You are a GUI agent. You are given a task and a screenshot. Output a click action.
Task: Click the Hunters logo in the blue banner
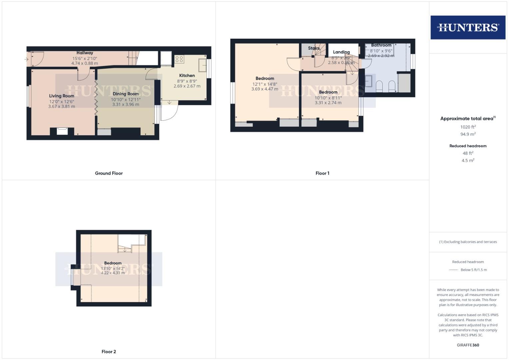click(x=468, y=27)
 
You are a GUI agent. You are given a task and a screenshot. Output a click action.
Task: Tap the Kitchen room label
click(x=187, y=76)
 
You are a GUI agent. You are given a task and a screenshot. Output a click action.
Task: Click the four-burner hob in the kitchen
click(x=179, y=59)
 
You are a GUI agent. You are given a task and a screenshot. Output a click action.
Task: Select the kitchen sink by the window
click(x=202, y=65)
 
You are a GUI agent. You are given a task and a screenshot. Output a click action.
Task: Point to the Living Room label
click(x=62, y=96)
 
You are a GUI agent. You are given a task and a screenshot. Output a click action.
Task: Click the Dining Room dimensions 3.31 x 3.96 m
click(x=125, y=104)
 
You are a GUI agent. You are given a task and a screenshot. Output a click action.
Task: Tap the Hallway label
click(x=85, y=53)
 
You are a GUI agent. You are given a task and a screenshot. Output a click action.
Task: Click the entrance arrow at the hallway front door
click(x=26, y=59)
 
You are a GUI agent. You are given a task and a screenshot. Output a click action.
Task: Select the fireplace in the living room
click(x=62, y=131)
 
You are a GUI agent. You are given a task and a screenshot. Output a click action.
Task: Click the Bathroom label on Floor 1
click(x=381, y=45)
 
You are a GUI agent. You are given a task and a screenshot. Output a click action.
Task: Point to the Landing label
click(x=341, y=52)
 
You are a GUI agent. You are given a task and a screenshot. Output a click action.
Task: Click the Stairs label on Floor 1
click(x=314, y=48)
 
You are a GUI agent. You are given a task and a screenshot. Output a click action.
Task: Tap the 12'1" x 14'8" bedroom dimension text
click(x=265, y=84)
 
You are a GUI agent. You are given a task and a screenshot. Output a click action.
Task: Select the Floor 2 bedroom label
click(x=113, y=263)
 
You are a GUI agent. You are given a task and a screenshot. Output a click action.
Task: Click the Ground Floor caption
click(x=109, y=173)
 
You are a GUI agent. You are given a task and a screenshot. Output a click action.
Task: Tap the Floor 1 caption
click(x=322, y=173)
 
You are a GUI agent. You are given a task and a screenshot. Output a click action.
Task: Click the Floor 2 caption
click(x=109, y=352)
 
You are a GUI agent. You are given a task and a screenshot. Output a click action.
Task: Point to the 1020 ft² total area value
click(x=468, y=127)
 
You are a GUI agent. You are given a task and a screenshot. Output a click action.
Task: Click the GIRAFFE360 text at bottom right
click(x=468, y=345)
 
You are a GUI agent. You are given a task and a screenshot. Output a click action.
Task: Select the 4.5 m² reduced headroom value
click(x=468, y=161)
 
